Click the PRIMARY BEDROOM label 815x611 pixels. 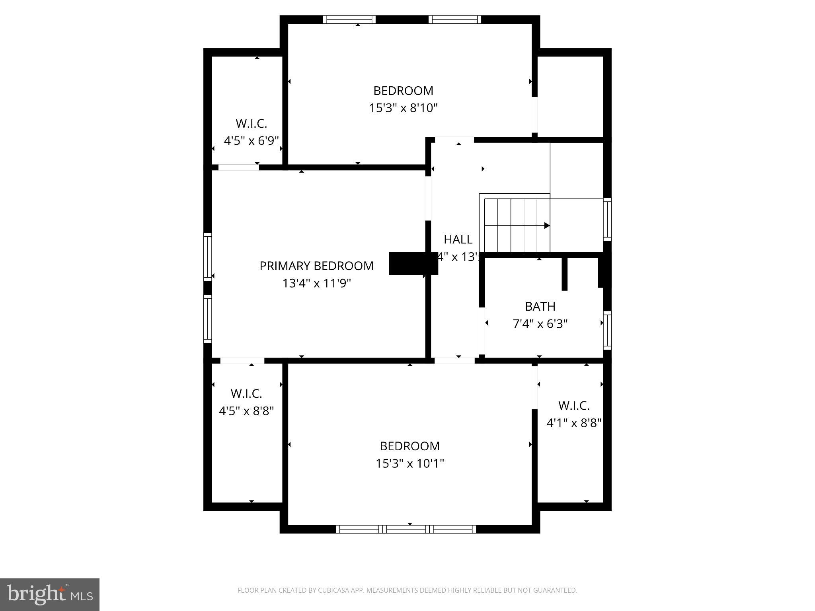coord(316,266)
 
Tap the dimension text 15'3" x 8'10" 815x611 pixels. coord(403,108)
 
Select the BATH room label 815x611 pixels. coord(540,306)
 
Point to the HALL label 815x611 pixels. coord(458,239)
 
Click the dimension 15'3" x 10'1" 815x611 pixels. coord(409,463)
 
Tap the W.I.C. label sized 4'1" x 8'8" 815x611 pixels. coord(573,406)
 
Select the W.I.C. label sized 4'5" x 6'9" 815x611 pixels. coord(251,124)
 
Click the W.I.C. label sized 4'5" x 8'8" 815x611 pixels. coord(246,394)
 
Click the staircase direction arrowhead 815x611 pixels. coord(547,226)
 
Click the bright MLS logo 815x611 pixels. coord(50,595)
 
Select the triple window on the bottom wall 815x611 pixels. coord(406,529)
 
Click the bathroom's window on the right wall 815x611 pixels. coord(607,330)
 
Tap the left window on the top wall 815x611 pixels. coord(349,19)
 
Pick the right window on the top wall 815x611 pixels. coord(455,19)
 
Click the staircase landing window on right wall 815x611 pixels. coord(607,219)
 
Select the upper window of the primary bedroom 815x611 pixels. coord(208,257)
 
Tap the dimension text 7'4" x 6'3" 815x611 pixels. coord(540,324)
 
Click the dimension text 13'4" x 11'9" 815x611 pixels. coord(316,283)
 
